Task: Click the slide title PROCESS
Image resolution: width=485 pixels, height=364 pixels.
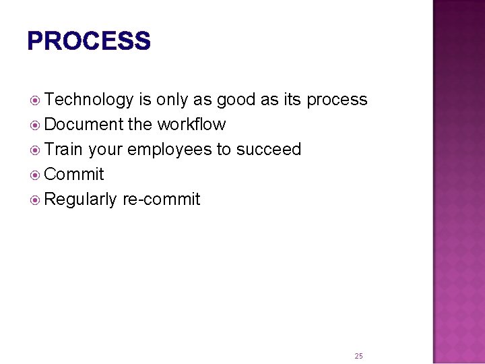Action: pos(89,41)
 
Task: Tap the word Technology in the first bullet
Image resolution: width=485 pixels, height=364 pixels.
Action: pos(90,100)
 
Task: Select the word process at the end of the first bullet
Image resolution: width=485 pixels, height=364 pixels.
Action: pos(337,100)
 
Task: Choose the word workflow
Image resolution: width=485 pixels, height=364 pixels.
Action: pos(191,125)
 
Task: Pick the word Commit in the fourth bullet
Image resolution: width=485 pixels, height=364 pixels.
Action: pos(74,175)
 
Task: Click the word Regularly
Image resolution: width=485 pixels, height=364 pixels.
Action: pos(81,200)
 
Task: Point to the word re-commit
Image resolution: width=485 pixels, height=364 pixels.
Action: pos(161,200)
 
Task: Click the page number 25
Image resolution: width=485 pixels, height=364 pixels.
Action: pos(358,355)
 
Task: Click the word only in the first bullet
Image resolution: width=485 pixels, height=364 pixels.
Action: pos(172,100)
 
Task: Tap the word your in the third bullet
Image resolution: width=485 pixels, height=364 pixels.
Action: pos(104,150)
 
